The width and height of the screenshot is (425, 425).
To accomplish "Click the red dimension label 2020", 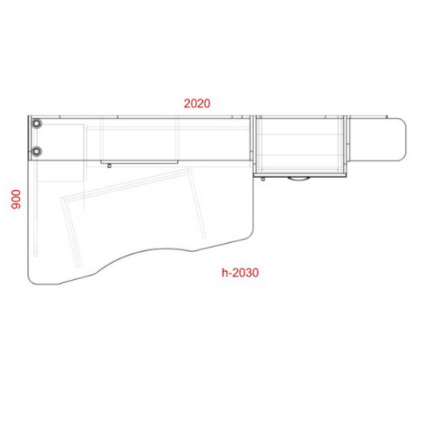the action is coord(197,103).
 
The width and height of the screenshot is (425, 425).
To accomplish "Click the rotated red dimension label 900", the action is coord(16,199).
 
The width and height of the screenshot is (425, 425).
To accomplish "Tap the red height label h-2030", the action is coord(240,273).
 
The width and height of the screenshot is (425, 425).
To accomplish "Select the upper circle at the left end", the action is coord(36,123).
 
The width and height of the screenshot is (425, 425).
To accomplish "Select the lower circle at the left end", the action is coord(36,151).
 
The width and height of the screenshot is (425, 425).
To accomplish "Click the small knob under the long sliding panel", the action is coord(109,166).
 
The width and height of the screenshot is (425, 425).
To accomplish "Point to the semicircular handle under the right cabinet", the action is coord(298,179).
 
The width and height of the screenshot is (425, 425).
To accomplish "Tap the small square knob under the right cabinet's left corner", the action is coord(263,179).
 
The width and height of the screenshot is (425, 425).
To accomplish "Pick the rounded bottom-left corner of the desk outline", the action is coord(30,281).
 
